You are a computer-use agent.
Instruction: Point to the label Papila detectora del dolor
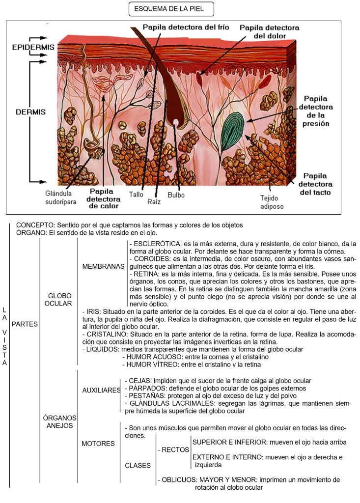pos(269,32)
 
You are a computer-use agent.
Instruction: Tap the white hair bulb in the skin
pos(175,122)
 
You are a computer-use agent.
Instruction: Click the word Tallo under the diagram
pos(136,195)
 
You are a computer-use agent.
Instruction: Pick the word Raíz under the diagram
pos(154,201)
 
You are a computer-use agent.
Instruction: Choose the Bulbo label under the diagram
pos(176,195)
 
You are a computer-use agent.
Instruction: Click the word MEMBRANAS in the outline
pos(104,266)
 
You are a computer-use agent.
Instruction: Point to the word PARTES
pos(25,325)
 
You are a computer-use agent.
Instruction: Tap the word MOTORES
pos(98,444)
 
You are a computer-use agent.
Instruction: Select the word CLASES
pos(138,465)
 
